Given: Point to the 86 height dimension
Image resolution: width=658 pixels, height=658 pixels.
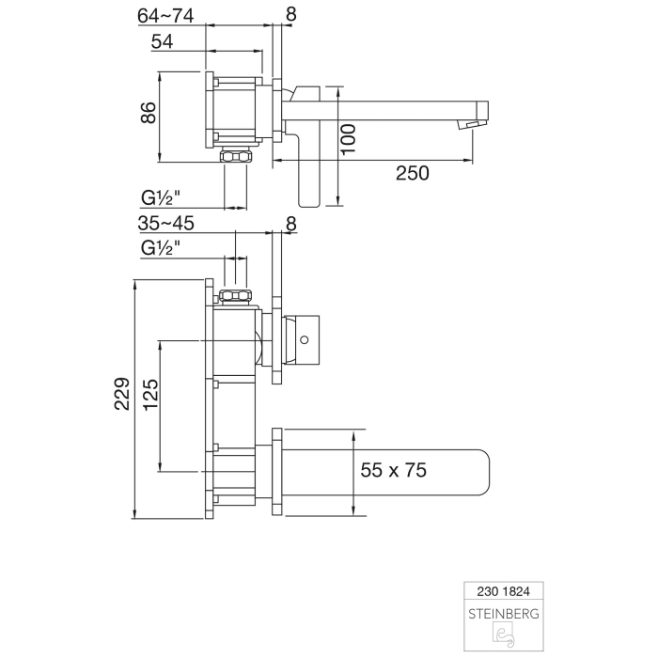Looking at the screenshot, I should point(147,114).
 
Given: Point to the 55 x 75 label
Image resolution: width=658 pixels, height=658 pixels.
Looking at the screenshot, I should point(395,470).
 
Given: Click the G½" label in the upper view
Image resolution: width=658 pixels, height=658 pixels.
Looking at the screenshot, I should point(162,197).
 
